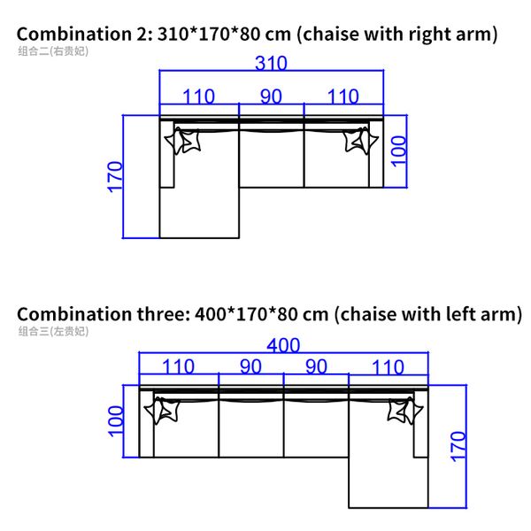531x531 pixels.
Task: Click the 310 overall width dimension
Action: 271,63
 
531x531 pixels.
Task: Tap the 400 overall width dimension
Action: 283,345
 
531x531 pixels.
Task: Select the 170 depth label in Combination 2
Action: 115,177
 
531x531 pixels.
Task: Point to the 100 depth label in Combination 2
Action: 398,151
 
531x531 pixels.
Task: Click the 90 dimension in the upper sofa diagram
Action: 271,96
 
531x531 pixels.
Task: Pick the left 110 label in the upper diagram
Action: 199,96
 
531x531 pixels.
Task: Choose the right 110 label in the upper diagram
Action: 343,96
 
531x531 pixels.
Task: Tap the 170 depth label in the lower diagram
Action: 458,446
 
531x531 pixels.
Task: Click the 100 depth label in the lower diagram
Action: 115,421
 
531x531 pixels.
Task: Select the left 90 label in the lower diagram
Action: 250,366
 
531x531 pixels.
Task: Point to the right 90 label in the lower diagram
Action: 316,366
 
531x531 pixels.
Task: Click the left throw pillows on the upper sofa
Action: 182,141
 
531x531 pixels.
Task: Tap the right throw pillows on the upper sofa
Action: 361,141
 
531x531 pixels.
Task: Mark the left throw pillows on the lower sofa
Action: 162,411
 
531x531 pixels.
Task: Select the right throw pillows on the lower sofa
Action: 405,411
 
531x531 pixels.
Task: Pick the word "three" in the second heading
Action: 163,314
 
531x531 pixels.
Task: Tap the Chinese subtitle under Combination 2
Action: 53,51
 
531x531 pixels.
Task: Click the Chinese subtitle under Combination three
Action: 53,331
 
